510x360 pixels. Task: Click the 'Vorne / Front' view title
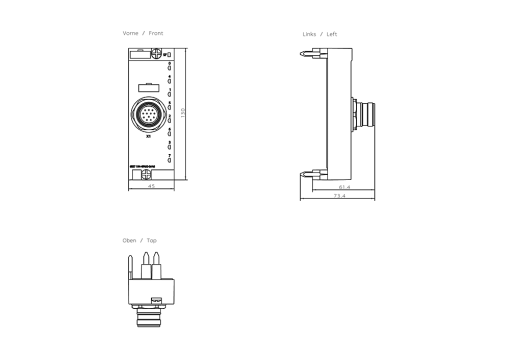pos(142,34)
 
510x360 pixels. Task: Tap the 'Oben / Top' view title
pos(139,240)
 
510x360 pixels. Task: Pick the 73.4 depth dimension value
pos(340,195)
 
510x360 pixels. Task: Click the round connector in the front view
pos(148,110)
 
